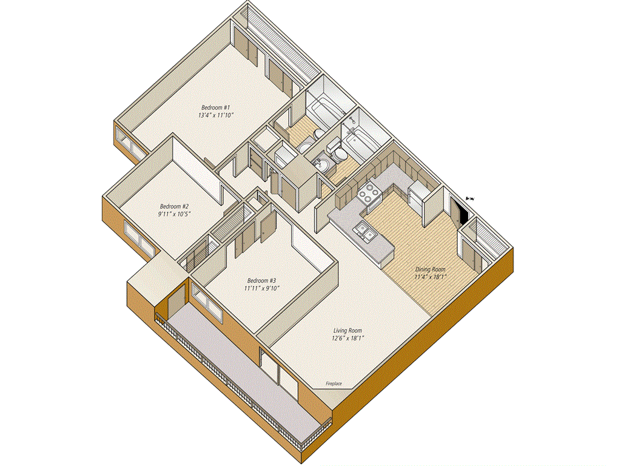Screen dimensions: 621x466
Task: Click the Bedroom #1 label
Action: (215, 107)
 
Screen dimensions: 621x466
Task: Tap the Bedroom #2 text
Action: (174, 206)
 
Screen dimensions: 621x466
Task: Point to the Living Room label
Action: (347, 331)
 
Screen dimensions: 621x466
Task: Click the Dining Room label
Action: (430, 269)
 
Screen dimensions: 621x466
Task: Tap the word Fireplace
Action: (334, 383)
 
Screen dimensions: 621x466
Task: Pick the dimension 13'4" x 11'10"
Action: (216, 115)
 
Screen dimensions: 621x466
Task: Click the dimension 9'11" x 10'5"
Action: (174, 214)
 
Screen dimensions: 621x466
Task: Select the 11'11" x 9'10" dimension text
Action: (262, 288)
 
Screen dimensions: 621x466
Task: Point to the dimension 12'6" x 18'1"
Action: (347, 338)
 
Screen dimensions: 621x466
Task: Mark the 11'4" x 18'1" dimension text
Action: (431, 277)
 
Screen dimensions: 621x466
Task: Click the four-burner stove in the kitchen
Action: (369, 192)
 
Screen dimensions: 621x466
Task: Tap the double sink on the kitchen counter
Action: (365, 231)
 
